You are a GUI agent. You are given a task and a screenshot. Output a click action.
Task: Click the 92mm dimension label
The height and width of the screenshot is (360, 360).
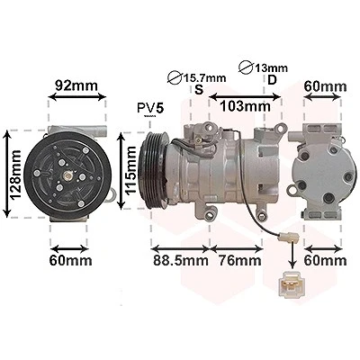[x=76, y=85]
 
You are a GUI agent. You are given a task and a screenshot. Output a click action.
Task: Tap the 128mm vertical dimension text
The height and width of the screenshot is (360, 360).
[x=14, y=175]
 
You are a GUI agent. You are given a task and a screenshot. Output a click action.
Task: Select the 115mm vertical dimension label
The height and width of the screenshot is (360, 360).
[x=130, y=171]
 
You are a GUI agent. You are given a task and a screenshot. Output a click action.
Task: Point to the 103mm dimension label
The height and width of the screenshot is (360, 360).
[x=245, y=106]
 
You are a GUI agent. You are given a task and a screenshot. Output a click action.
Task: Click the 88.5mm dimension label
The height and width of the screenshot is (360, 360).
[x=181, y=260]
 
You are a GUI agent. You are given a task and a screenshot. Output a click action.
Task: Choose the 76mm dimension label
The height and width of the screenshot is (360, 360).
[x=239, y=260]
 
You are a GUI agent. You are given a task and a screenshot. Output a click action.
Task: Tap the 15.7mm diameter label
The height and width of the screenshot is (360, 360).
[x=204, y=78]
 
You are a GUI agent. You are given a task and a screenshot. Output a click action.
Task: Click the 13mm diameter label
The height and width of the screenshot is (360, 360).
[x=271, y=68]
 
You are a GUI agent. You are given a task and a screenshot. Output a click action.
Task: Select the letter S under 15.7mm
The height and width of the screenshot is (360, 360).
[x=199, y=89]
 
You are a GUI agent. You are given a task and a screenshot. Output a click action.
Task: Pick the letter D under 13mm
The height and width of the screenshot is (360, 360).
[x=272, y=80]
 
